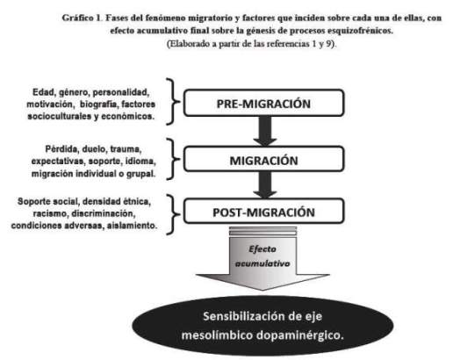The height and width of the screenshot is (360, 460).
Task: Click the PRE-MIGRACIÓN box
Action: (263, 103)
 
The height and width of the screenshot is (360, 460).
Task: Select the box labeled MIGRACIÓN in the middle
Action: (263, 159)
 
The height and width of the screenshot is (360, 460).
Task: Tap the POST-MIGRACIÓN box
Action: (263, 212)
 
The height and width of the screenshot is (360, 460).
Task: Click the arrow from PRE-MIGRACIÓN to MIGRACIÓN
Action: (265, 131)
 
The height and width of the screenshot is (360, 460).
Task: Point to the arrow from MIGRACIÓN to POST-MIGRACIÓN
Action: (265, 185)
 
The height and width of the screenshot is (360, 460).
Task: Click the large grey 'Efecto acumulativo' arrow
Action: (262, 258)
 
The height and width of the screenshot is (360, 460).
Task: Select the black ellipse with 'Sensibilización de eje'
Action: (262, 326)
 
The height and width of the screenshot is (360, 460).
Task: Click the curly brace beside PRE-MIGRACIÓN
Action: (173, 102)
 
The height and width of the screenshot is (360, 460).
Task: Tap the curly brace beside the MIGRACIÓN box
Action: (173, 159)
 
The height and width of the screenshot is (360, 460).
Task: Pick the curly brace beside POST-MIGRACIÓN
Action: (173, 214)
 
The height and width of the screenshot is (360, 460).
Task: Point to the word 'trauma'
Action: (126, 149)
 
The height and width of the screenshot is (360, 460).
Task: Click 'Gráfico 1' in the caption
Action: (82, 18)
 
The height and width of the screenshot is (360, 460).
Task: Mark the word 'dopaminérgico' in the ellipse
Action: (300, 335)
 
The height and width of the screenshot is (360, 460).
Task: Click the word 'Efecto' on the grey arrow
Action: (262, 249)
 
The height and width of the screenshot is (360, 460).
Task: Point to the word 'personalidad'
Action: (121, 92)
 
